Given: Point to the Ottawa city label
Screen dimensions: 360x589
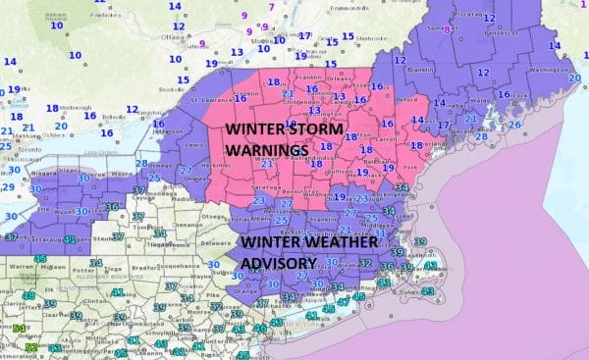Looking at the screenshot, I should [x=173, y=38].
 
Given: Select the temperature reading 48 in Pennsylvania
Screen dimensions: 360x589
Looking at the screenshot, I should [x=29, y=295].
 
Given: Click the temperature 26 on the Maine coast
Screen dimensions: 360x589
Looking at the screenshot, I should [x=513, y=125].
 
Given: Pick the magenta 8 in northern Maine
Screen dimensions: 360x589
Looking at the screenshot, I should [x=447, y=30].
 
